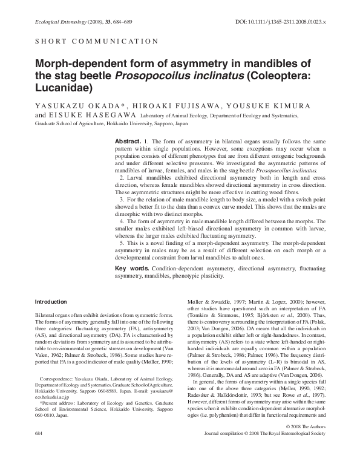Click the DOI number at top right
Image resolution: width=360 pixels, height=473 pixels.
click(x=280, y=22)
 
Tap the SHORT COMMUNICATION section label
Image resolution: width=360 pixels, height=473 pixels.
click(x=88, y=42)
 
